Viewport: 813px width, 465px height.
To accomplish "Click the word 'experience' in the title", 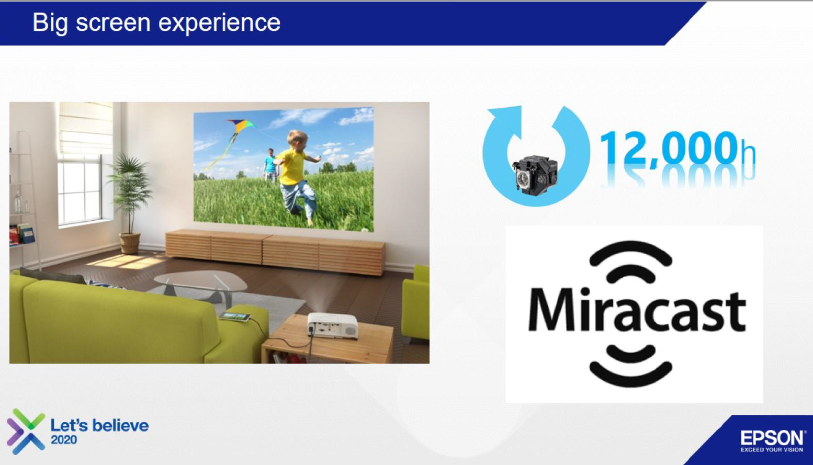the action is [x=219, y=24].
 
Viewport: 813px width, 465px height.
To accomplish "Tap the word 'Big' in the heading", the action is [x=50, y=24].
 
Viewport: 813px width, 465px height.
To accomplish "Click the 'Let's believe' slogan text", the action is [x=99, y=425].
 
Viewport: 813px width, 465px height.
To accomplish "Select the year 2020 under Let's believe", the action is [x=64, y=440].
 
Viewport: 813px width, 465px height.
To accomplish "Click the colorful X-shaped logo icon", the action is [x=26, y=431].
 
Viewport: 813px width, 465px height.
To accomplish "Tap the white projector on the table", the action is [x=332, y=325].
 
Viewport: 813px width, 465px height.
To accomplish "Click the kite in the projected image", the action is [x=241, y=127].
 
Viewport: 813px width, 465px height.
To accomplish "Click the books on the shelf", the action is [x=22, y=234].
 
